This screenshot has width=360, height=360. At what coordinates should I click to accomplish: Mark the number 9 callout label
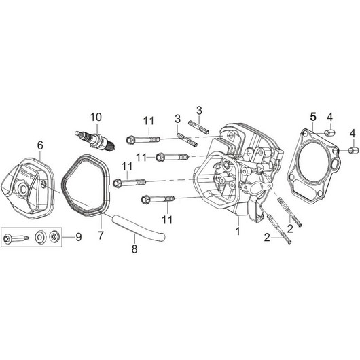pos(77,237)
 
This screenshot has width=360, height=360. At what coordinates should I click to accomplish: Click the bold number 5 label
pos(313,116)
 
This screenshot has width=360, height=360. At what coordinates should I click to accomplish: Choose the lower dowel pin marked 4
pos(354,148)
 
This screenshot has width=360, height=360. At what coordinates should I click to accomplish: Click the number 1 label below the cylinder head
pos(238,230)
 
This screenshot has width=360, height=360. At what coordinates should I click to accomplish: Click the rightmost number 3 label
pos(199,110)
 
